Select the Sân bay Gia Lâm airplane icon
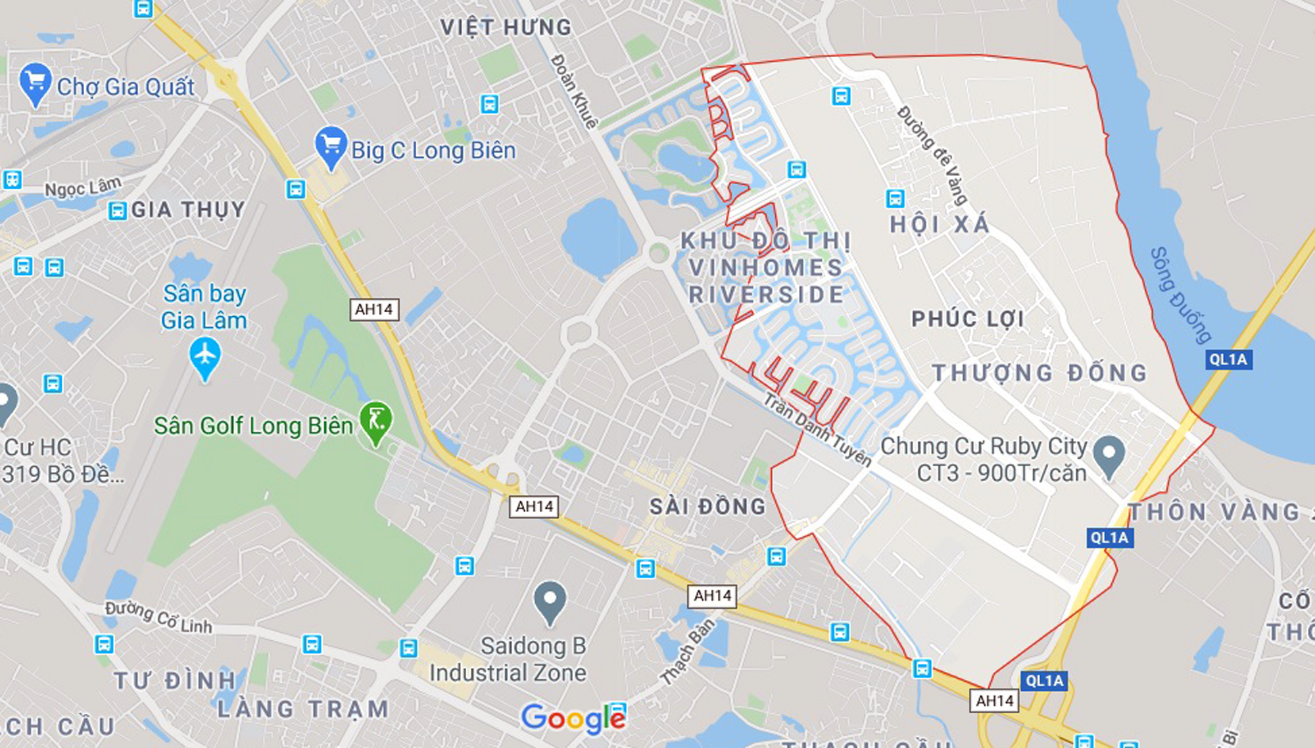tap(205, 356)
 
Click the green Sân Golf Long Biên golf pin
tap(376, 420)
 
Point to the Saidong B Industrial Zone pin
tap(550, 601)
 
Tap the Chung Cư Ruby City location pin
tap(1109, 454)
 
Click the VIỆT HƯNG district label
tap(506, 28)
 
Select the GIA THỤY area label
tap(188, 210)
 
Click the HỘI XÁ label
tap(940, 225)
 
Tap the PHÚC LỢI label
tap(968, 319)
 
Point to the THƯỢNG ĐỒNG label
tap(1040, 373)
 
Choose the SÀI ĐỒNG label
tap(708, 506)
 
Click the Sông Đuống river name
tap(1181, 295)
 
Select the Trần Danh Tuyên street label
tap(817, 429)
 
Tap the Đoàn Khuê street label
tap(575, 91)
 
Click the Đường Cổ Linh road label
tap(158, 617)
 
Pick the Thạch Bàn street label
tap(688, 651)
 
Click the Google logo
tap(572, 718)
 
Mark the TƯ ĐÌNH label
tap(174, 680)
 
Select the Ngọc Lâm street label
tap(83, 187)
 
